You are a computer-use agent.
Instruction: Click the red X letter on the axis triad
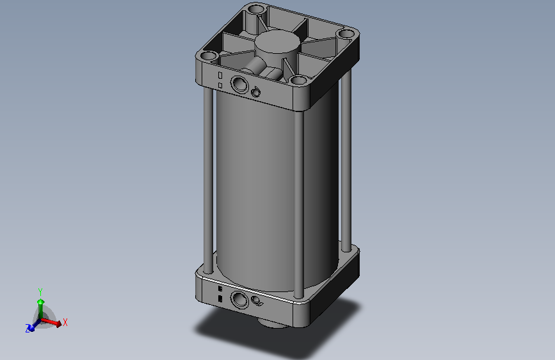click(x=65, y=322)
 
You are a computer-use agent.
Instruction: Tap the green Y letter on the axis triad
click(x=40, y=292)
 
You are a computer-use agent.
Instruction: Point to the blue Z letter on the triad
click(x=28, y=329)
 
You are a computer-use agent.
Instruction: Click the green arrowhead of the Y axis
click(x=41, y=302)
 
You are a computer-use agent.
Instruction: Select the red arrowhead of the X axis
click(x=59, y=323)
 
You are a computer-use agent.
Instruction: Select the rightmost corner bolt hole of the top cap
click(x=346, y=34)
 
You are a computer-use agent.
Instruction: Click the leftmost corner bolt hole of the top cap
click(x=209, y=56)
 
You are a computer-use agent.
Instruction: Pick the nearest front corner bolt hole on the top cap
click(x=299, y=79)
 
